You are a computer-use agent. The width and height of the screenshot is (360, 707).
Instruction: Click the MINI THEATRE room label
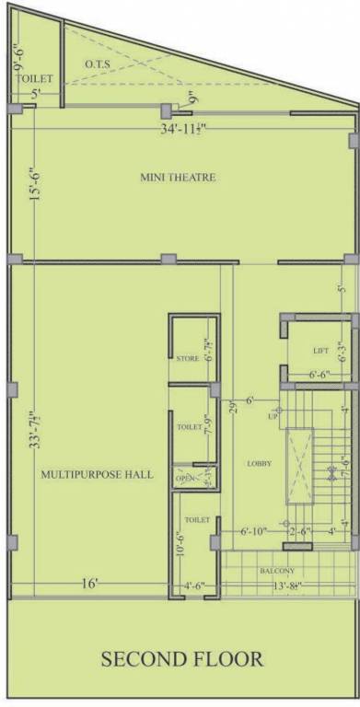(x=179, y=177)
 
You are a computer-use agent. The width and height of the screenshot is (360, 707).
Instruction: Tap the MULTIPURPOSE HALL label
(x=97, y=475)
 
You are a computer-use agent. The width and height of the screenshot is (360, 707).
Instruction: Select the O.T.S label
(x=99, y=64)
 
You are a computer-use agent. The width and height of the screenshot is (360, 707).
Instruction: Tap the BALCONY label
(x=277, y=571)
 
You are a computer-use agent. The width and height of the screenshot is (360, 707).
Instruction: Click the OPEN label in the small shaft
(x=186, y=478)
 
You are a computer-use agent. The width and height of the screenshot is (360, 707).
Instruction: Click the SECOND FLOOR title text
(x=182, y=659)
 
